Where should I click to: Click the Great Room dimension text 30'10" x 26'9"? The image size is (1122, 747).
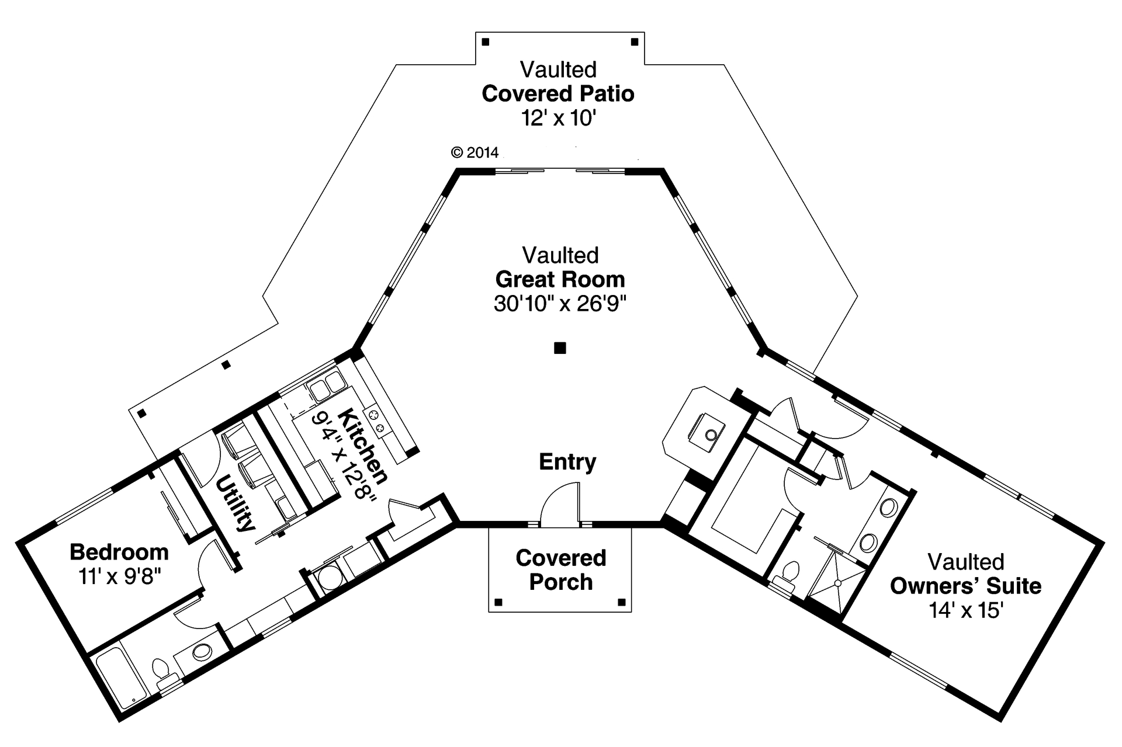click(560, 304)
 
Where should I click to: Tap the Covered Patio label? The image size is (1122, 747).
click(558, 93)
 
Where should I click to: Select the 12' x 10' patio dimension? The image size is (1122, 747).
click(558, 119)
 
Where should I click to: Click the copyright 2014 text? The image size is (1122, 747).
click(475, 153)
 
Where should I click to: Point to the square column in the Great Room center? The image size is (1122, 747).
click(560, 348)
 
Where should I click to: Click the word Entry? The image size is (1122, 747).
click(567, 462)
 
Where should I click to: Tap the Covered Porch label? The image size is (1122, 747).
click(560, 570)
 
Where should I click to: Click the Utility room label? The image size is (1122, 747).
click(236, 503)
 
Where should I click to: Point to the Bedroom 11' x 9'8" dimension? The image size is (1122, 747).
click(119, 576)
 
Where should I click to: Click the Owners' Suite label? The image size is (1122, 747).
click(965, 586)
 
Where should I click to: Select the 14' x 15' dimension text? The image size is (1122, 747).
click(965, 611)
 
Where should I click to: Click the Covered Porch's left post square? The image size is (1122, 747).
click(498, 602)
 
